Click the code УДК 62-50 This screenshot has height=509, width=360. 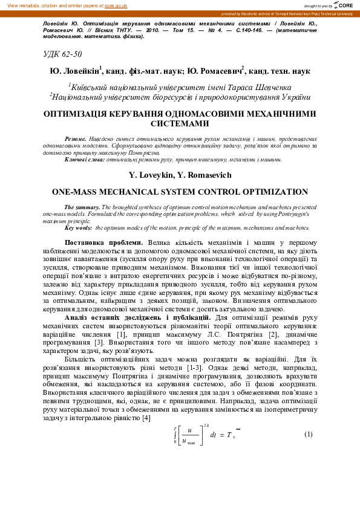click(62, 54)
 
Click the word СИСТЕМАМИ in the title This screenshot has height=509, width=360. click(180, 123)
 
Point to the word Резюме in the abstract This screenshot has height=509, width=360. click(76, 139)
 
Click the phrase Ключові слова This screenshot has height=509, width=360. click(84, 159)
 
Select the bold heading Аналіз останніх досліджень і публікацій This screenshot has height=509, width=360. click(139, 317)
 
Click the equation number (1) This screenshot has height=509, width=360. click(308, 435)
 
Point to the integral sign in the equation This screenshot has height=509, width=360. click(175, 436)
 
